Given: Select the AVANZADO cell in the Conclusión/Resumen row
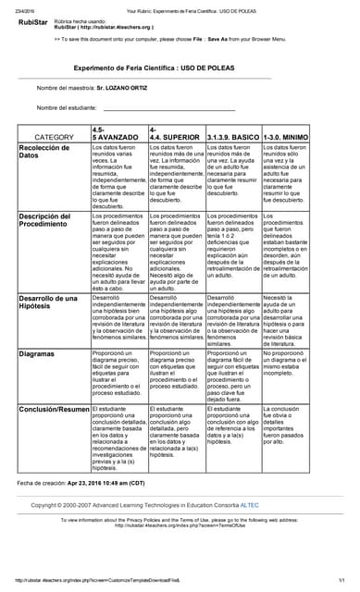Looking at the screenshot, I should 117,438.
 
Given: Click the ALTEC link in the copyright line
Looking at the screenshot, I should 274,506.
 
